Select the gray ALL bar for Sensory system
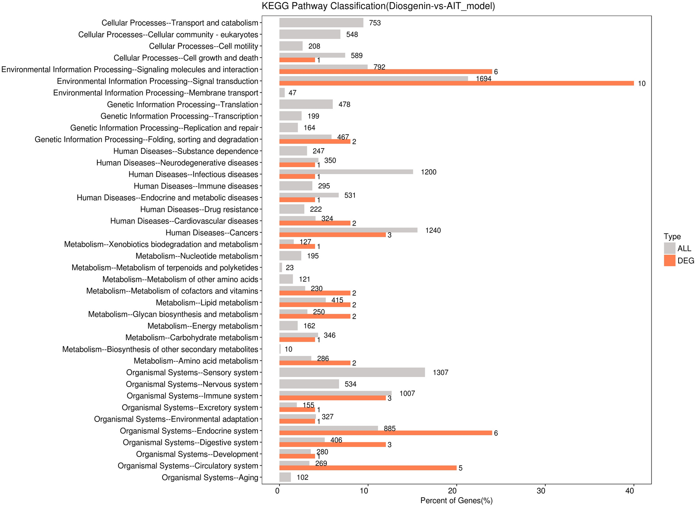coord(352,372)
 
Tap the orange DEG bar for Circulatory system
coord(368,468)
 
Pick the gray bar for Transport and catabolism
coord(321,23)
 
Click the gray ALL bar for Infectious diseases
coord(346,172)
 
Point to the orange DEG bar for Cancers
coord(332,235)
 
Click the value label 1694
coord(483,79)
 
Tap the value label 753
coord(374,23)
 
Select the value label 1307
coord(440,373)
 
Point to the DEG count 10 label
coord(641,84)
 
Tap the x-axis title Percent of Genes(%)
coord(456,501)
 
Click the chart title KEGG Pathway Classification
coord(378,6)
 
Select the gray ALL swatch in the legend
coord(669,248)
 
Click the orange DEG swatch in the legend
coord(669,261)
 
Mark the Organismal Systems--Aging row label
coord(210,478)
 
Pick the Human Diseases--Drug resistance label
coord(199,210)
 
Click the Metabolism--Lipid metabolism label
coord(207,303)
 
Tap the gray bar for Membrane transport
coord(282,93)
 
